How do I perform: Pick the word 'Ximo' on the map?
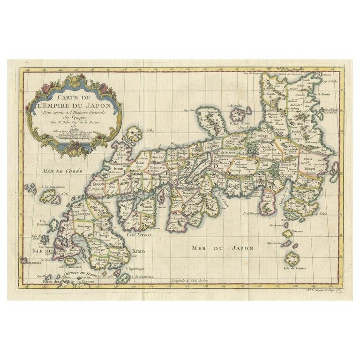138,252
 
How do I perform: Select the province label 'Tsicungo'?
90,227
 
